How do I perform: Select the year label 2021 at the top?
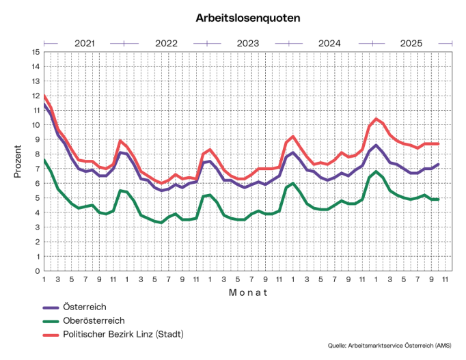coord(84,43)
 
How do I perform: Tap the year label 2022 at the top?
coord(166,43)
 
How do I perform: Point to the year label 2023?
coord(248,43)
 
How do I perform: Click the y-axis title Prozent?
coord(18,161)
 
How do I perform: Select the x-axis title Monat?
coord(248,292)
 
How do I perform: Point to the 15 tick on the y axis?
coord(35,52)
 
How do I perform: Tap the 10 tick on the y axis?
coord(35,125)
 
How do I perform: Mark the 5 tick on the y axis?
coord(36,198)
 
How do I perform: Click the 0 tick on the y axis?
coord(36,271)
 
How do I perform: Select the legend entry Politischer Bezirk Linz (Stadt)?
coord(124,334)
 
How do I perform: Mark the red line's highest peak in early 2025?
coord(376,119)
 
